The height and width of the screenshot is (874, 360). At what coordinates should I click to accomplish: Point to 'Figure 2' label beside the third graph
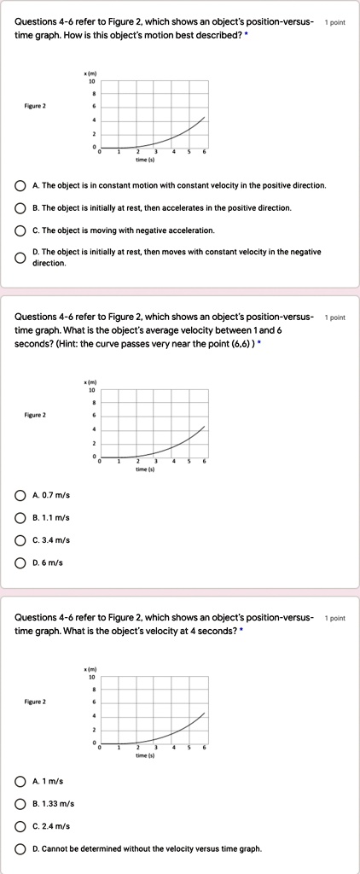click(35, 702)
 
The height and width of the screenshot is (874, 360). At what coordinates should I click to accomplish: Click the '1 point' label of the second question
click(335, 318)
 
